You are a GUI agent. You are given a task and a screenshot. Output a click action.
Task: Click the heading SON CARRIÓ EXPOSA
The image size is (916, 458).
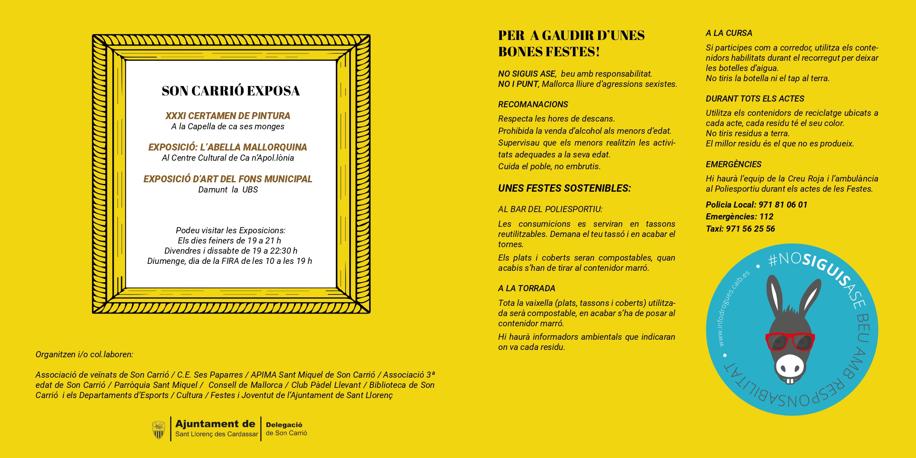pyautogui.click(x=231, y=91)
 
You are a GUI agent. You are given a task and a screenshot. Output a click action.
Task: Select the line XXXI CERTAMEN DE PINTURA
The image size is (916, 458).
pyautogui.click(x=228, y=116)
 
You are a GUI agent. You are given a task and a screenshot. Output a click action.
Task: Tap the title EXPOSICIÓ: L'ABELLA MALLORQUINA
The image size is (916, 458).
pyautogui.click(x=228, y=147)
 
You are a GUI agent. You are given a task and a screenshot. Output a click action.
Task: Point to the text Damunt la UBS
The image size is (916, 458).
pyautogui.click(x=228, y=190)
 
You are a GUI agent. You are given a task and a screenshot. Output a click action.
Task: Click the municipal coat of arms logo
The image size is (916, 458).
pyautogui.click(x=158, y=430)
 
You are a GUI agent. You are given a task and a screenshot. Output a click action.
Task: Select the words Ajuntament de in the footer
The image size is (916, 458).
pyautogui.click(x=215, y=424)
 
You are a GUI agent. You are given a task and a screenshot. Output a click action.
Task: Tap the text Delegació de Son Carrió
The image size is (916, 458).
pyautogui.click(x=286, y=429)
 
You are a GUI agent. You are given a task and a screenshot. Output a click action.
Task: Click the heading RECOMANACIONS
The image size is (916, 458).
pyautogui.click(x=533, y=104)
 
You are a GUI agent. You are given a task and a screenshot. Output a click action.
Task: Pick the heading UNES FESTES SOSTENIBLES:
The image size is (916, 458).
pyautogui.click(x=564, y=188)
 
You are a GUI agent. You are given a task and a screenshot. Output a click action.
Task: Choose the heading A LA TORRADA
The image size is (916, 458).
pyautogui.click(x=526, y=288)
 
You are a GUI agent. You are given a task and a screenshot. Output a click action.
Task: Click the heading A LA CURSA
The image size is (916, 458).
pyautogui.click(x=729, y=33)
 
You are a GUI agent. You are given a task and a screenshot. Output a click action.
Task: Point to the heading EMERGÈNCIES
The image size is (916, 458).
pyautogui.click(x=733, y=164)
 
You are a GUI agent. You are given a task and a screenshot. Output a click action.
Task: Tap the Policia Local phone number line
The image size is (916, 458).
pyautogui.click(x=756, y=205)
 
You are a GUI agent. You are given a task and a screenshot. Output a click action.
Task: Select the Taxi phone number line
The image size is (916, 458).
pyautogui.click(x=740, y=229)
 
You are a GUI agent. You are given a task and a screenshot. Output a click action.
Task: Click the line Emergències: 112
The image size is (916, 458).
pyautogui.click(x=739, y=217)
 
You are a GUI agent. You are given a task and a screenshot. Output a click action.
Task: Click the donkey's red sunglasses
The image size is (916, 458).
pyautogui.click(x=790, y=341)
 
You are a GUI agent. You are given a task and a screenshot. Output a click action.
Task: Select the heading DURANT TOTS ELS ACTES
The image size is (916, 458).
pyautogui.click(x=755, y=99)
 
